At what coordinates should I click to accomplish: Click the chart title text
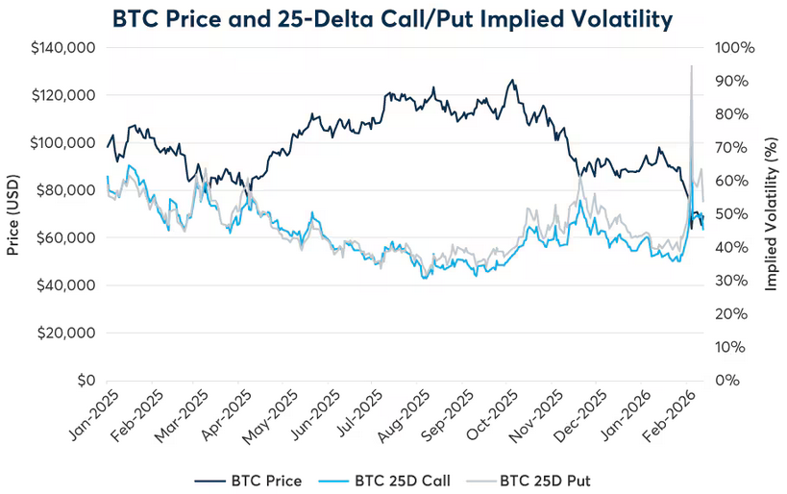coord(393,18)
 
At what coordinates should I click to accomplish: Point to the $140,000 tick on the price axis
coord(63,47)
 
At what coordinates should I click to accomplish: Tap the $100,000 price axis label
coord(63,142)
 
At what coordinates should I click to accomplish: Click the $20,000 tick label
coord(67,333)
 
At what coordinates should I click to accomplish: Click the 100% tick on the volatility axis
coord(734,47)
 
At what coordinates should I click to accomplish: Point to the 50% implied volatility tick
coord(731,213)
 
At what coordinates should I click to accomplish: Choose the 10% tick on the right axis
coord(730,347)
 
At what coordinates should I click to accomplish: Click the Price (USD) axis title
coord(13,213)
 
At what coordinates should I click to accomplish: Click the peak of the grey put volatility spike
coord(691,66)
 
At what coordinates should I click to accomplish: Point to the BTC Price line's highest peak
coord(512,80)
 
